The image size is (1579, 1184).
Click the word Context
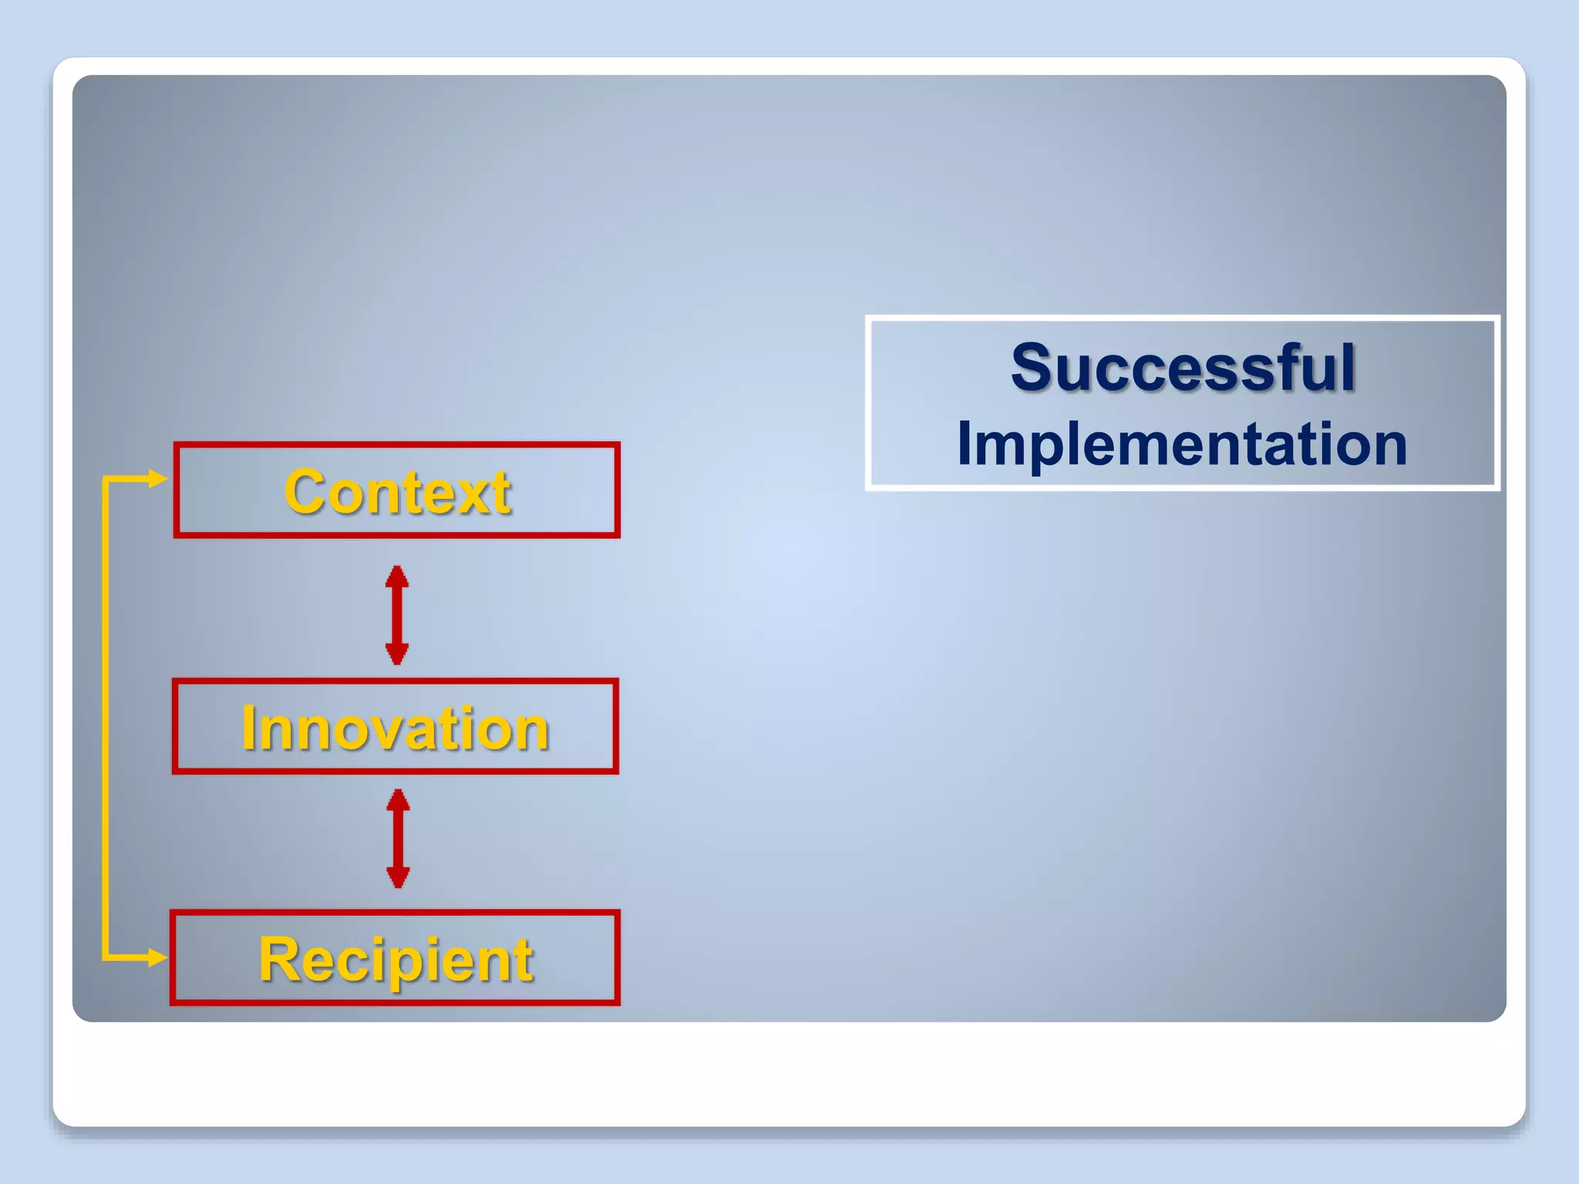click(x=397, y=492)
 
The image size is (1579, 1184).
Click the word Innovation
click(x=395, y=728)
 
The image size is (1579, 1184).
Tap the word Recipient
click(x=396, y=960)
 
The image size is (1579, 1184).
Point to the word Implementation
click(x=1182, y=444)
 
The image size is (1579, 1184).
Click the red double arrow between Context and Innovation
click(x=397, y=615)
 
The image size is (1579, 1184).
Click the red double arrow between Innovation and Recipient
click(x=398, y=839)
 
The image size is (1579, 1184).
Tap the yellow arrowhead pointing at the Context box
click(x=158, y=479)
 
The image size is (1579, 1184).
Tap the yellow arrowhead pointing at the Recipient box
click(x=158, y=958)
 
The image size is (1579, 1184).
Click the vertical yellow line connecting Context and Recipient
click(x=105, y=717)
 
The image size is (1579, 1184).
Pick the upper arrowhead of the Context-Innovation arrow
click(x=397, y=575)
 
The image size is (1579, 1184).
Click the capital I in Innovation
click(x=248, y=728)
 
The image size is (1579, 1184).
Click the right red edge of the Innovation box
click(x=616, y=726)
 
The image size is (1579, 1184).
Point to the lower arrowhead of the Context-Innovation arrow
click(x=397, y=655)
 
